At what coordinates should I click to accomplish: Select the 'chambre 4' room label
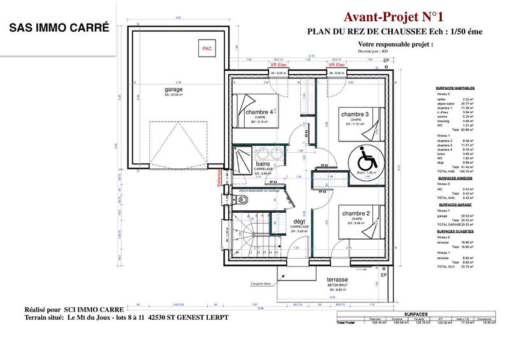click(x=259, y=112)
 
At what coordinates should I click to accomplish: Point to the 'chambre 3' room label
click(x=355, y=114)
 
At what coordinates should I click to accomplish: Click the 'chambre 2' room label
click(x=355, y=213)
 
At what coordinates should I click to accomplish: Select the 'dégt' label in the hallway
click(x=299, y=220)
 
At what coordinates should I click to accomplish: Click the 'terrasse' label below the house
click(x=337, y=280)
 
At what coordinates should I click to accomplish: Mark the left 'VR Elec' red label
click(x=279, y=65)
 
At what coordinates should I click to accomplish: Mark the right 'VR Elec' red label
click(x=336, y=65)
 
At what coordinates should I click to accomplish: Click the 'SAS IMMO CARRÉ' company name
click(x=59, y=28)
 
